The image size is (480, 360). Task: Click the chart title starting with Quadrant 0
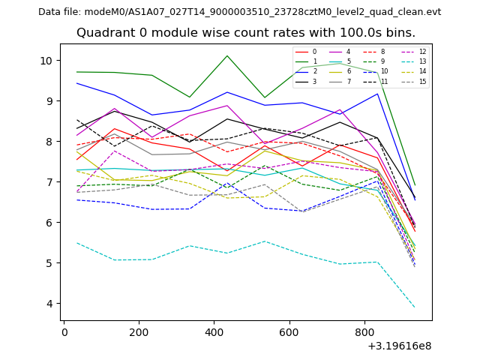pos(245,33)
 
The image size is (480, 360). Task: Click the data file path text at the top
pos(239,12)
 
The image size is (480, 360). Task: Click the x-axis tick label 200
pos(139,332)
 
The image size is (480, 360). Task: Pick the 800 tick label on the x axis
pos(364,332)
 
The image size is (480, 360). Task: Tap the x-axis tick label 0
pos(64,332)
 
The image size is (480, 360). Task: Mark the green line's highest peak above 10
pos(227,55)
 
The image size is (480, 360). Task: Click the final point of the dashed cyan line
pos(415,307)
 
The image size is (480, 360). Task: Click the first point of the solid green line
pos(76,72)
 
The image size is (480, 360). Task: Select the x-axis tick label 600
pos(289,332)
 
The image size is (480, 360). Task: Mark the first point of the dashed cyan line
pos(76,242)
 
